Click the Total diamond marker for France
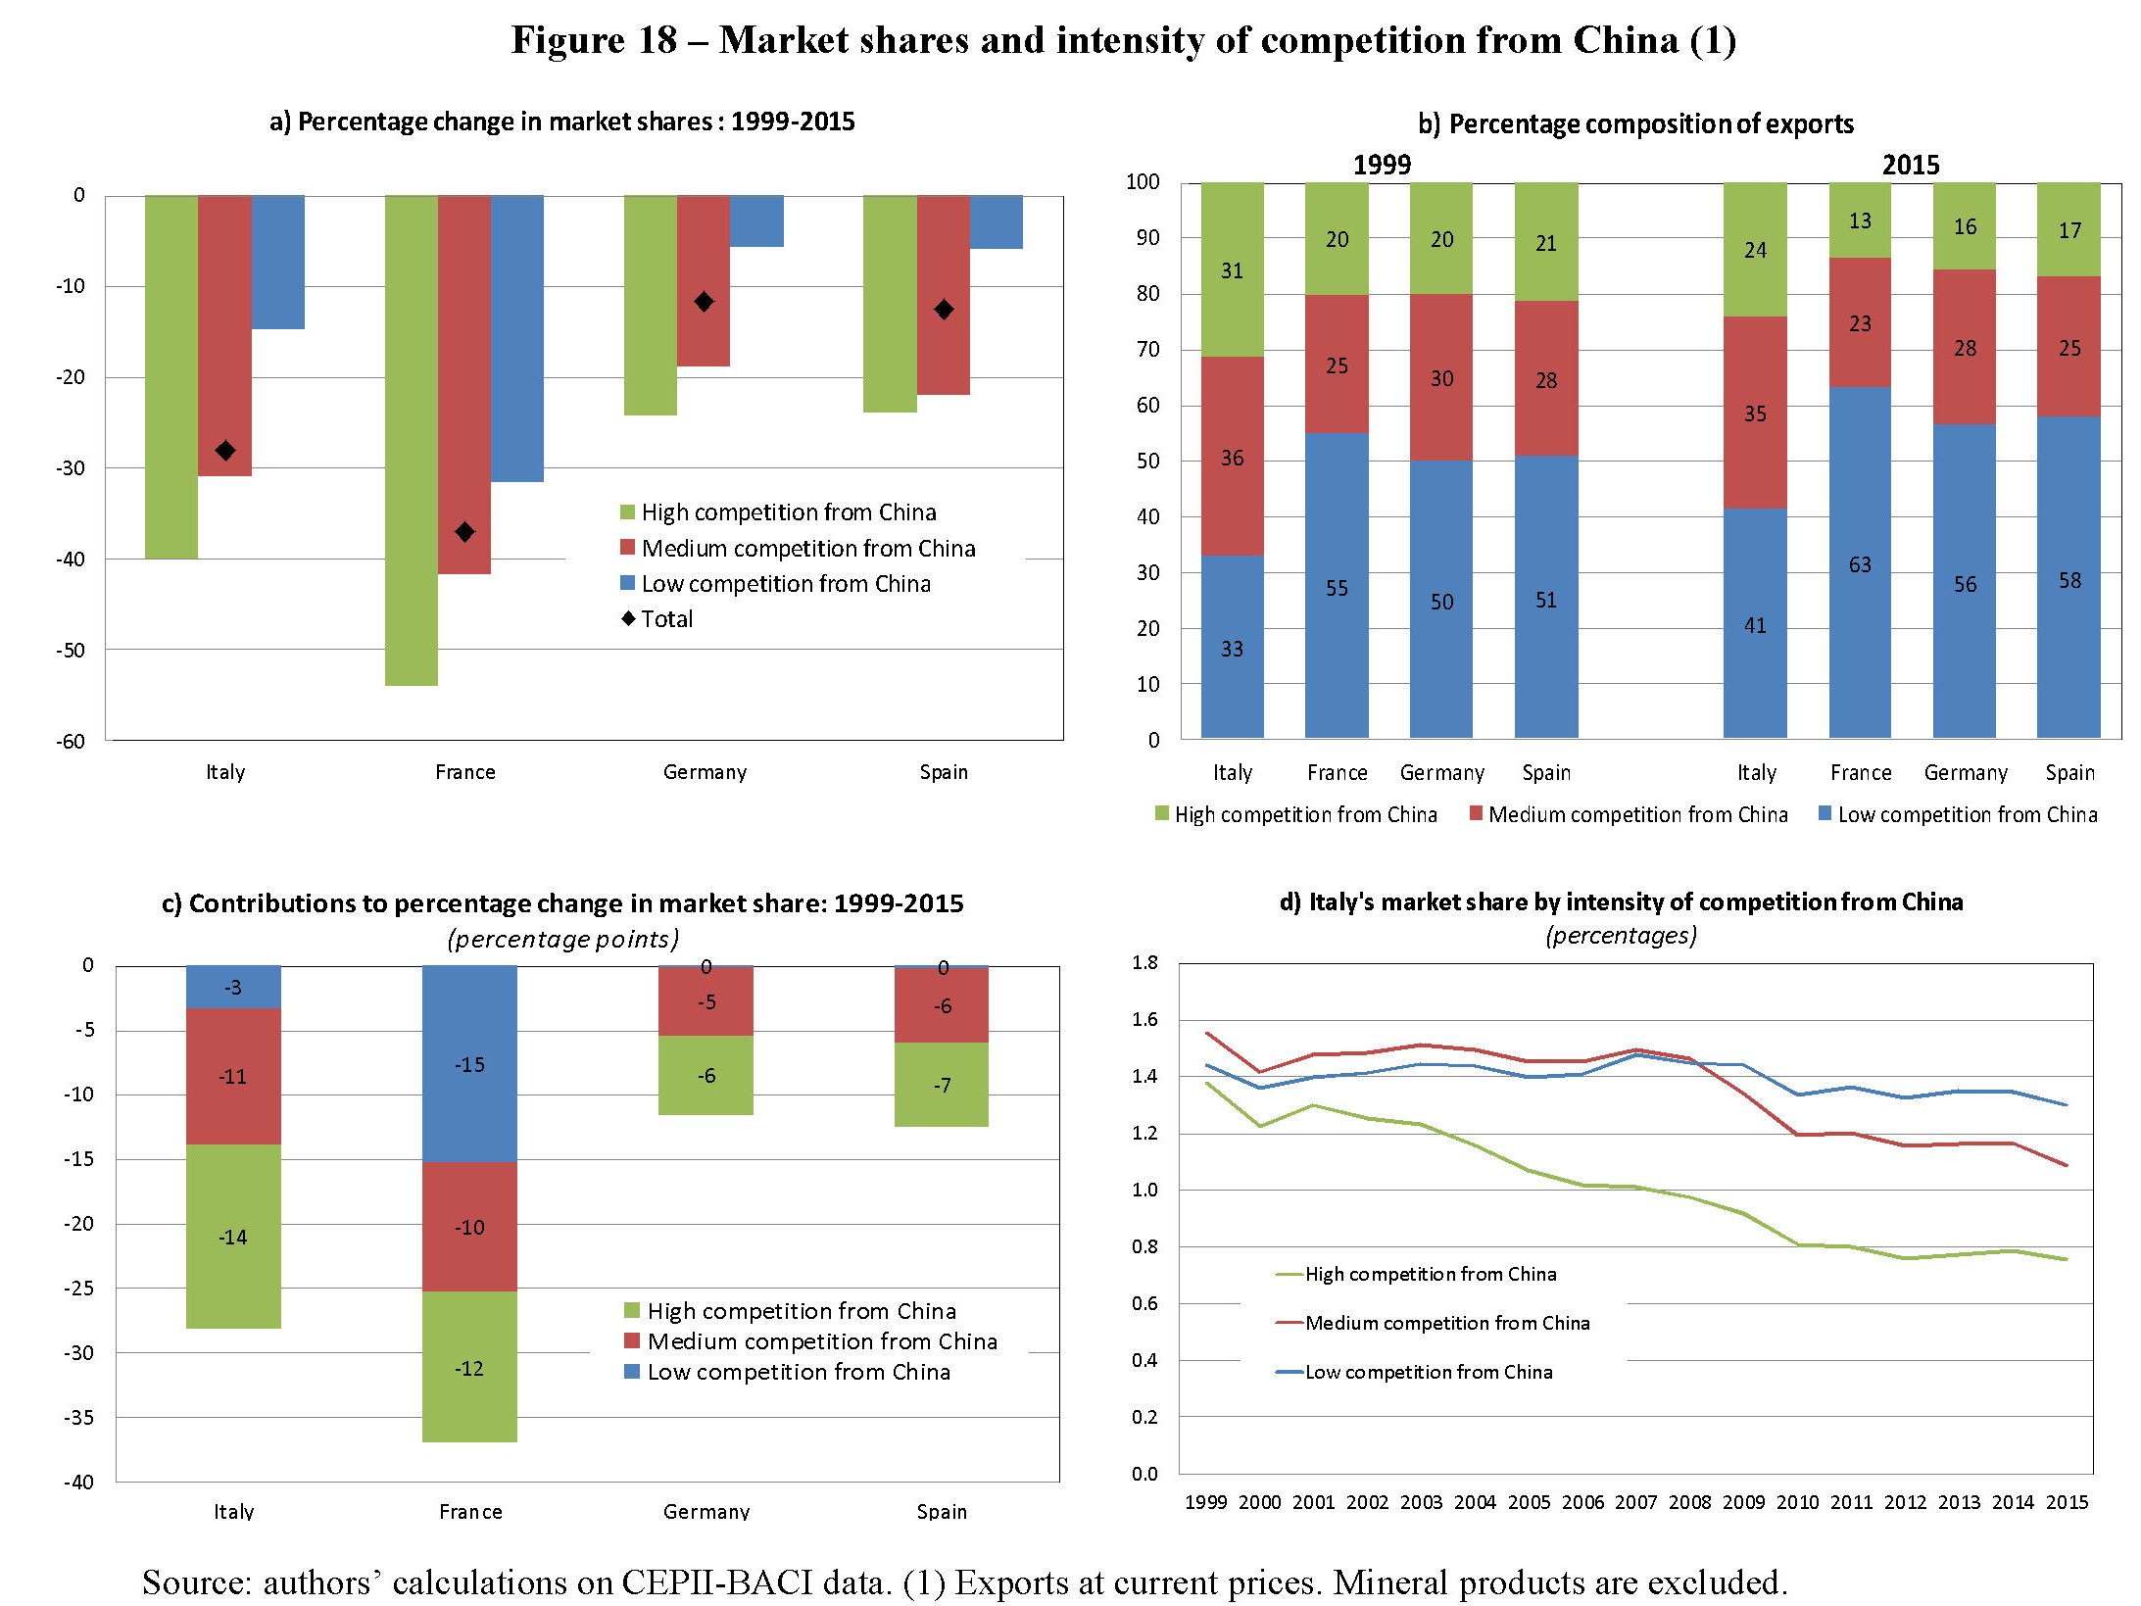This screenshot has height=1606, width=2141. pos(465,532)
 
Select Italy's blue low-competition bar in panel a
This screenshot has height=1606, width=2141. pos(278,262)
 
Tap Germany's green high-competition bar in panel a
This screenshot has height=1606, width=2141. pos(651,305)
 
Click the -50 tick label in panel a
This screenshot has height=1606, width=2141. pos(71,650)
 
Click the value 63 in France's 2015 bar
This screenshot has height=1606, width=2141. pos(1860,564)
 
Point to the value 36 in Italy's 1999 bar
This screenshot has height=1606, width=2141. pos(1232,458)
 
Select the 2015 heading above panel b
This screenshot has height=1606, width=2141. pos(1911,165)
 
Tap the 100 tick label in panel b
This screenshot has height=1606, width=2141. pos(1143,182)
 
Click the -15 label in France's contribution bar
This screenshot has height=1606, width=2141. pos(469,1064)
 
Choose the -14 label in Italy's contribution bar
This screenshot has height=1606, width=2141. pos(233,1237)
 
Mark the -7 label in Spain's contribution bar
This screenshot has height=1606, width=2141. pos(942,1085)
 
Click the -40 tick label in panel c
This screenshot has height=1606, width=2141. pos(79,1482)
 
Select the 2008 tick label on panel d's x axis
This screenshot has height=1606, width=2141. pos(1690,1502)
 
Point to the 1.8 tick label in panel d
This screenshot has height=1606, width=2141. pos(1144,962)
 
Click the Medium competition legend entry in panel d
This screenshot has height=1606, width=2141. pos(1446,1323)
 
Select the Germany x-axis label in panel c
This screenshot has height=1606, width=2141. pos(706,1511)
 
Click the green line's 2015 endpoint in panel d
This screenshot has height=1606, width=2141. pos(2067,1259)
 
